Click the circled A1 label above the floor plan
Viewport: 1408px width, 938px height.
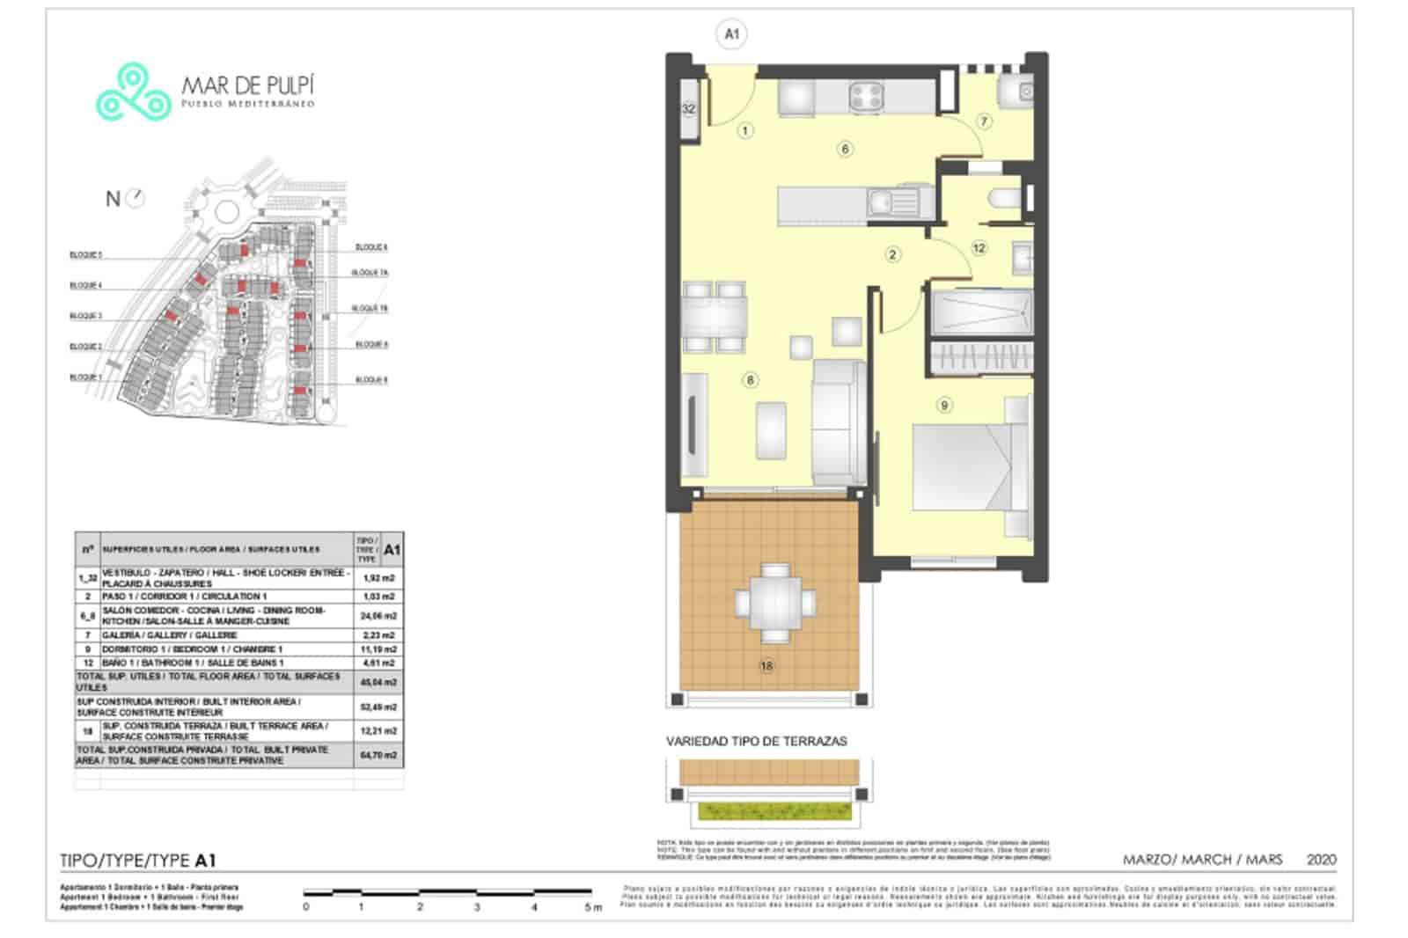point(731,34)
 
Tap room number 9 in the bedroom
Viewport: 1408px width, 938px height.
point(944,405)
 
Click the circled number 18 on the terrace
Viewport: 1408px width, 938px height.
point(766,665)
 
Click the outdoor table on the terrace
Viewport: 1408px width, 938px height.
point(774,603)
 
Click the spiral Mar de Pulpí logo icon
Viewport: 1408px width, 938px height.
point(133,92)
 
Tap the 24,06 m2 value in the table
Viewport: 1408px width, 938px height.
point(379,616)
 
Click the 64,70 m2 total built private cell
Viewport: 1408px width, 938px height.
point(379,755)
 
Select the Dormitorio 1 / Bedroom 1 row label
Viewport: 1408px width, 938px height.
point(193,649)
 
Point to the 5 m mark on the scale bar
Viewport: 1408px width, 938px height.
point(592,906)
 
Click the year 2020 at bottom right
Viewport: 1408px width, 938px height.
point(1321,860)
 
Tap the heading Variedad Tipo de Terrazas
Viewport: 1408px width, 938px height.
point(756,741)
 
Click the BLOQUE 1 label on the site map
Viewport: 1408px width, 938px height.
point(85,377)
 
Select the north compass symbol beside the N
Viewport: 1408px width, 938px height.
point(135,198)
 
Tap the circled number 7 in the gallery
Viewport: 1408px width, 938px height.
point(984,121)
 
